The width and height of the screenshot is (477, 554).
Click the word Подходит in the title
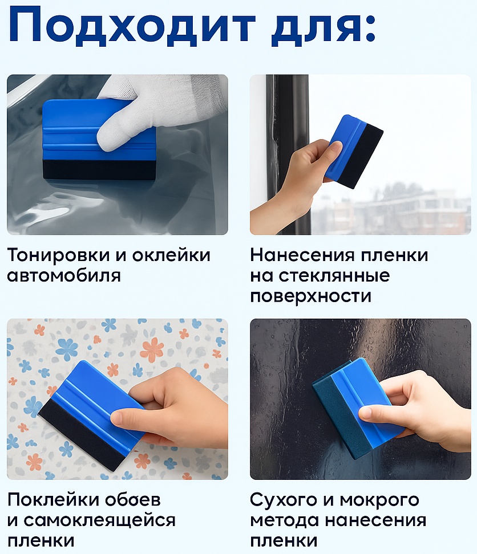coord(132,26)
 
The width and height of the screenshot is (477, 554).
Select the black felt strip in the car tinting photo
coord(99,170)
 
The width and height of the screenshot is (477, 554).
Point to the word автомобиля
coord(64,276)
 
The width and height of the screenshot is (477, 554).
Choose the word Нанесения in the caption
coord(302,255)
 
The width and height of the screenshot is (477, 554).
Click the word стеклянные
coord(334,276)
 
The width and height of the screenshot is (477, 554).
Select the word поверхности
coord(311,296)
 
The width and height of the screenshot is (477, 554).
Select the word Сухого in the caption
coord(284,500)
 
